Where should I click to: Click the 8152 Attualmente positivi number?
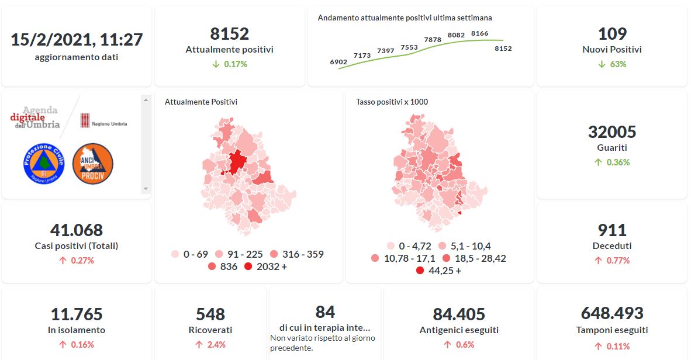(229, 33)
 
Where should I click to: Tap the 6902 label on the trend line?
(338, 61)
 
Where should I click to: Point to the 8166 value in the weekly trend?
(479, 33)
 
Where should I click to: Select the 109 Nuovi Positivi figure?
(612, 33)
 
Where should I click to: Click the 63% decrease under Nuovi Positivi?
(612, 64)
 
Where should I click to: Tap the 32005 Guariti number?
(612, 131)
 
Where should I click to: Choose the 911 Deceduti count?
(612, 230)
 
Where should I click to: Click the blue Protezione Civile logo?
(43, 164)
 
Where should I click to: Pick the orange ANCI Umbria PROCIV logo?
(92, 164)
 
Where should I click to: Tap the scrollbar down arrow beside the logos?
(146, 189)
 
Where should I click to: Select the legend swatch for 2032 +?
(248, 266)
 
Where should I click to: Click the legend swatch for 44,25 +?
(420, 271)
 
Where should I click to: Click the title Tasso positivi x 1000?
(392, 102)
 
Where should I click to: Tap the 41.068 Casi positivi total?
(77, 230)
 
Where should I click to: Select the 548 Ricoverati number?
(210, 314)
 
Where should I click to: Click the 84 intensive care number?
(325, 311)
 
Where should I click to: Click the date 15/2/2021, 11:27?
(77, 40)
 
